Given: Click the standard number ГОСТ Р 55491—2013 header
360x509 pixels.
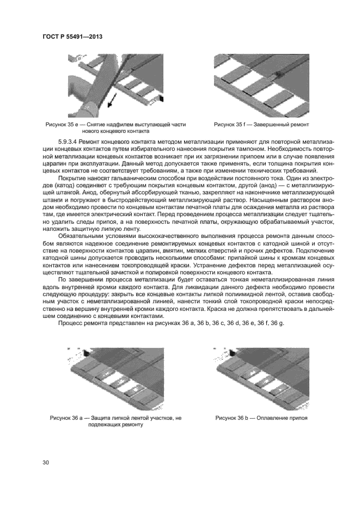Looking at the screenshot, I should pyautogui.click(x=72, y=36).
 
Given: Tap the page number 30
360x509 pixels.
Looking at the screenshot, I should pyautogui.click(x=46, y=462).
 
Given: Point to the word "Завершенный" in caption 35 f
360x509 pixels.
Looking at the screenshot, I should pyautogui.click(x=264, y=125).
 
